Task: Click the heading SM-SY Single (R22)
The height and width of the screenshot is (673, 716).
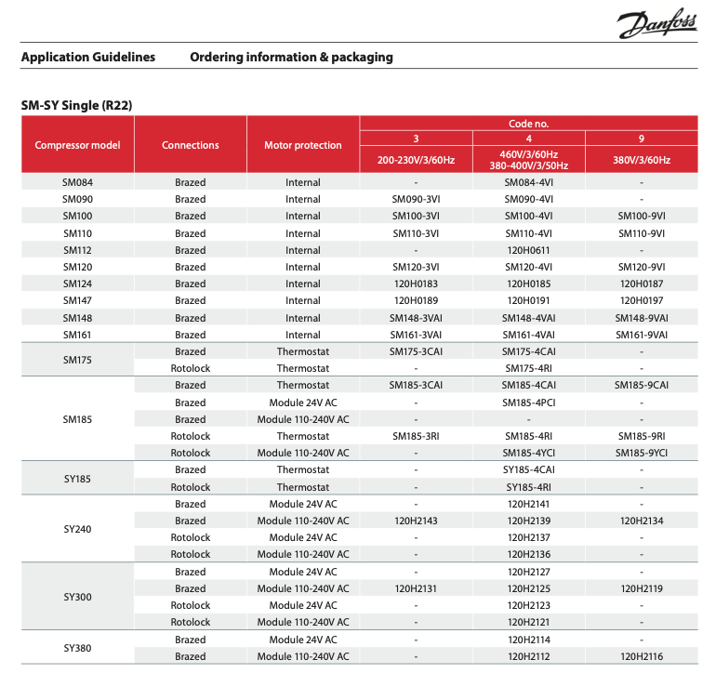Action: coord(76,105)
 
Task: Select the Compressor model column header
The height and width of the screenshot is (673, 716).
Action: coord(77,145)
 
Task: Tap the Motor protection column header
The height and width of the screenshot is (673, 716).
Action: coord(302,145)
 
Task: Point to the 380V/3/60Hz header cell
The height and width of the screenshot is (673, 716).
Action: coord(642,160)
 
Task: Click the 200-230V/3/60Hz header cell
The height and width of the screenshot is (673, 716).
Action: coord(416,160)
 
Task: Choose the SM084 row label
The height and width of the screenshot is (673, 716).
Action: coord(77,182)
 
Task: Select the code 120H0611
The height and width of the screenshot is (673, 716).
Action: coord(529,250)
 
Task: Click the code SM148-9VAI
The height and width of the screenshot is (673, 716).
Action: coord(642,318)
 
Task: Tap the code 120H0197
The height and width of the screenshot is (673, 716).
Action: coord(642,300)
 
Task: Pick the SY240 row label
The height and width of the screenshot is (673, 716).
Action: coord(77,529)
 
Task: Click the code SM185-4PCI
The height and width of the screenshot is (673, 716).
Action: coord(529,402)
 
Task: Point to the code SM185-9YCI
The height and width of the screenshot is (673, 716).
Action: coord(642,453)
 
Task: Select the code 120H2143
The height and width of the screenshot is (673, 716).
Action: coord(416,521)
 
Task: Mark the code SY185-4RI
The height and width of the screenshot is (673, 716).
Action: coord(529,487)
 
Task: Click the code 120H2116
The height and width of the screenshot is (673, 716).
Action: coord(642,656)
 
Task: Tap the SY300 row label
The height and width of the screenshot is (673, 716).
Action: coord(77,597)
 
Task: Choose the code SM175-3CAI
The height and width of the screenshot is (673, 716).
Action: coord(416,351)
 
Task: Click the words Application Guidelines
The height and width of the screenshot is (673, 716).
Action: coord(88,58)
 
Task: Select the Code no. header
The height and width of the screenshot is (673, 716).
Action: coord(529,123)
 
